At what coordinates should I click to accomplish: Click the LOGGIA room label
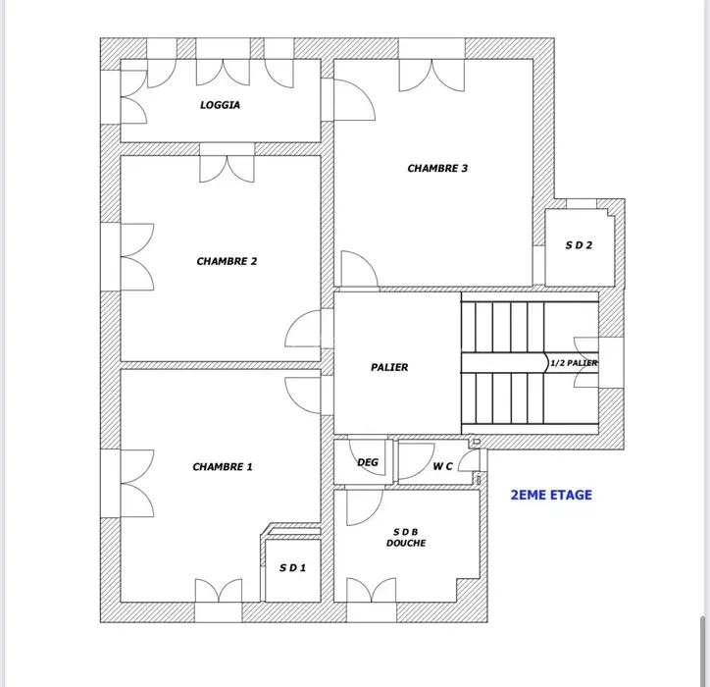[220, 105]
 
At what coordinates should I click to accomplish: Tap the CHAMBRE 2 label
[227, 261]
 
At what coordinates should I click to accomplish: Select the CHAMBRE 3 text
[437, 169]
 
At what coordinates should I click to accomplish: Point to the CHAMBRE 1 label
[223, 467]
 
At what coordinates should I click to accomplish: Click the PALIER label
[389, 367]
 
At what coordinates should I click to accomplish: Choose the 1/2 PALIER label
[574, 363]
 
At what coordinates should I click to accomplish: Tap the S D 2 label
[579, 245]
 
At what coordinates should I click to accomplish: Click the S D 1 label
[292, 568]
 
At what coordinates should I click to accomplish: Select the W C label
[442, 466]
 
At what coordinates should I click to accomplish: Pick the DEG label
[368, 462]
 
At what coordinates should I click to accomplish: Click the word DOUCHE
[406, 543]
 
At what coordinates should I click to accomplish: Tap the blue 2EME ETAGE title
[551, 495]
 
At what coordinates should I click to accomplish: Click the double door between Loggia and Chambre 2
[227, 169]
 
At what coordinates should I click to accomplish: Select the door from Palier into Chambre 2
[303, 329]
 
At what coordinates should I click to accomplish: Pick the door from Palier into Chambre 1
[303, 396]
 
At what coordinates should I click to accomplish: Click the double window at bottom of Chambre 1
[219, 591]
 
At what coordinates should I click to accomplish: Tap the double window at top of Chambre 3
[431, 76]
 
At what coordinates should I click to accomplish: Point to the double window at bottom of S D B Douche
[372, 590]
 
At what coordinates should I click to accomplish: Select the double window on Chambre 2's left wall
[137, 257]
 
